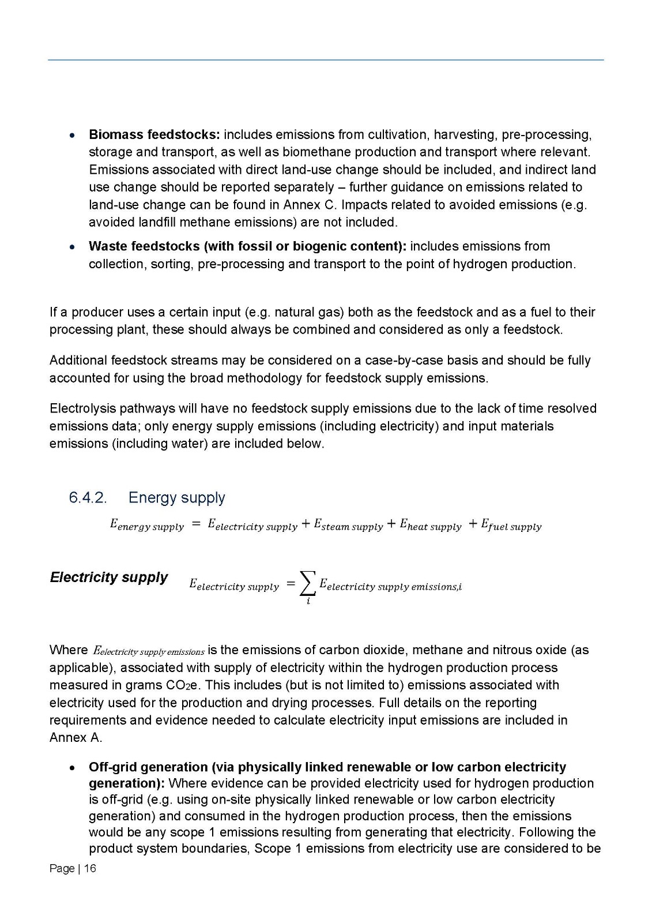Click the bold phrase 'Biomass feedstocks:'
pos(154,135)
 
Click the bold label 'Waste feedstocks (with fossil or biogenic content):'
pos(247,246)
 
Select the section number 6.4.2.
pos(88,498)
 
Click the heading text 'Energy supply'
pos(176,498)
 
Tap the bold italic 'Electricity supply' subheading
pos(108,577)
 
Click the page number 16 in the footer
pos(90,869)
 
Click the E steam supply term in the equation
pos(348,525)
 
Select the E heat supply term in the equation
pos(431,525)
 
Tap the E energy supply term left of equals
pos(146,525)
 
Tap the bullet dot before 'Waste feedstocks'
pos(71,247)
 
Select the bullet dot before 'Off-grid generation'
pos(71,768)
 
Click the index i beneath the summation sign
pos(308,601)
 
